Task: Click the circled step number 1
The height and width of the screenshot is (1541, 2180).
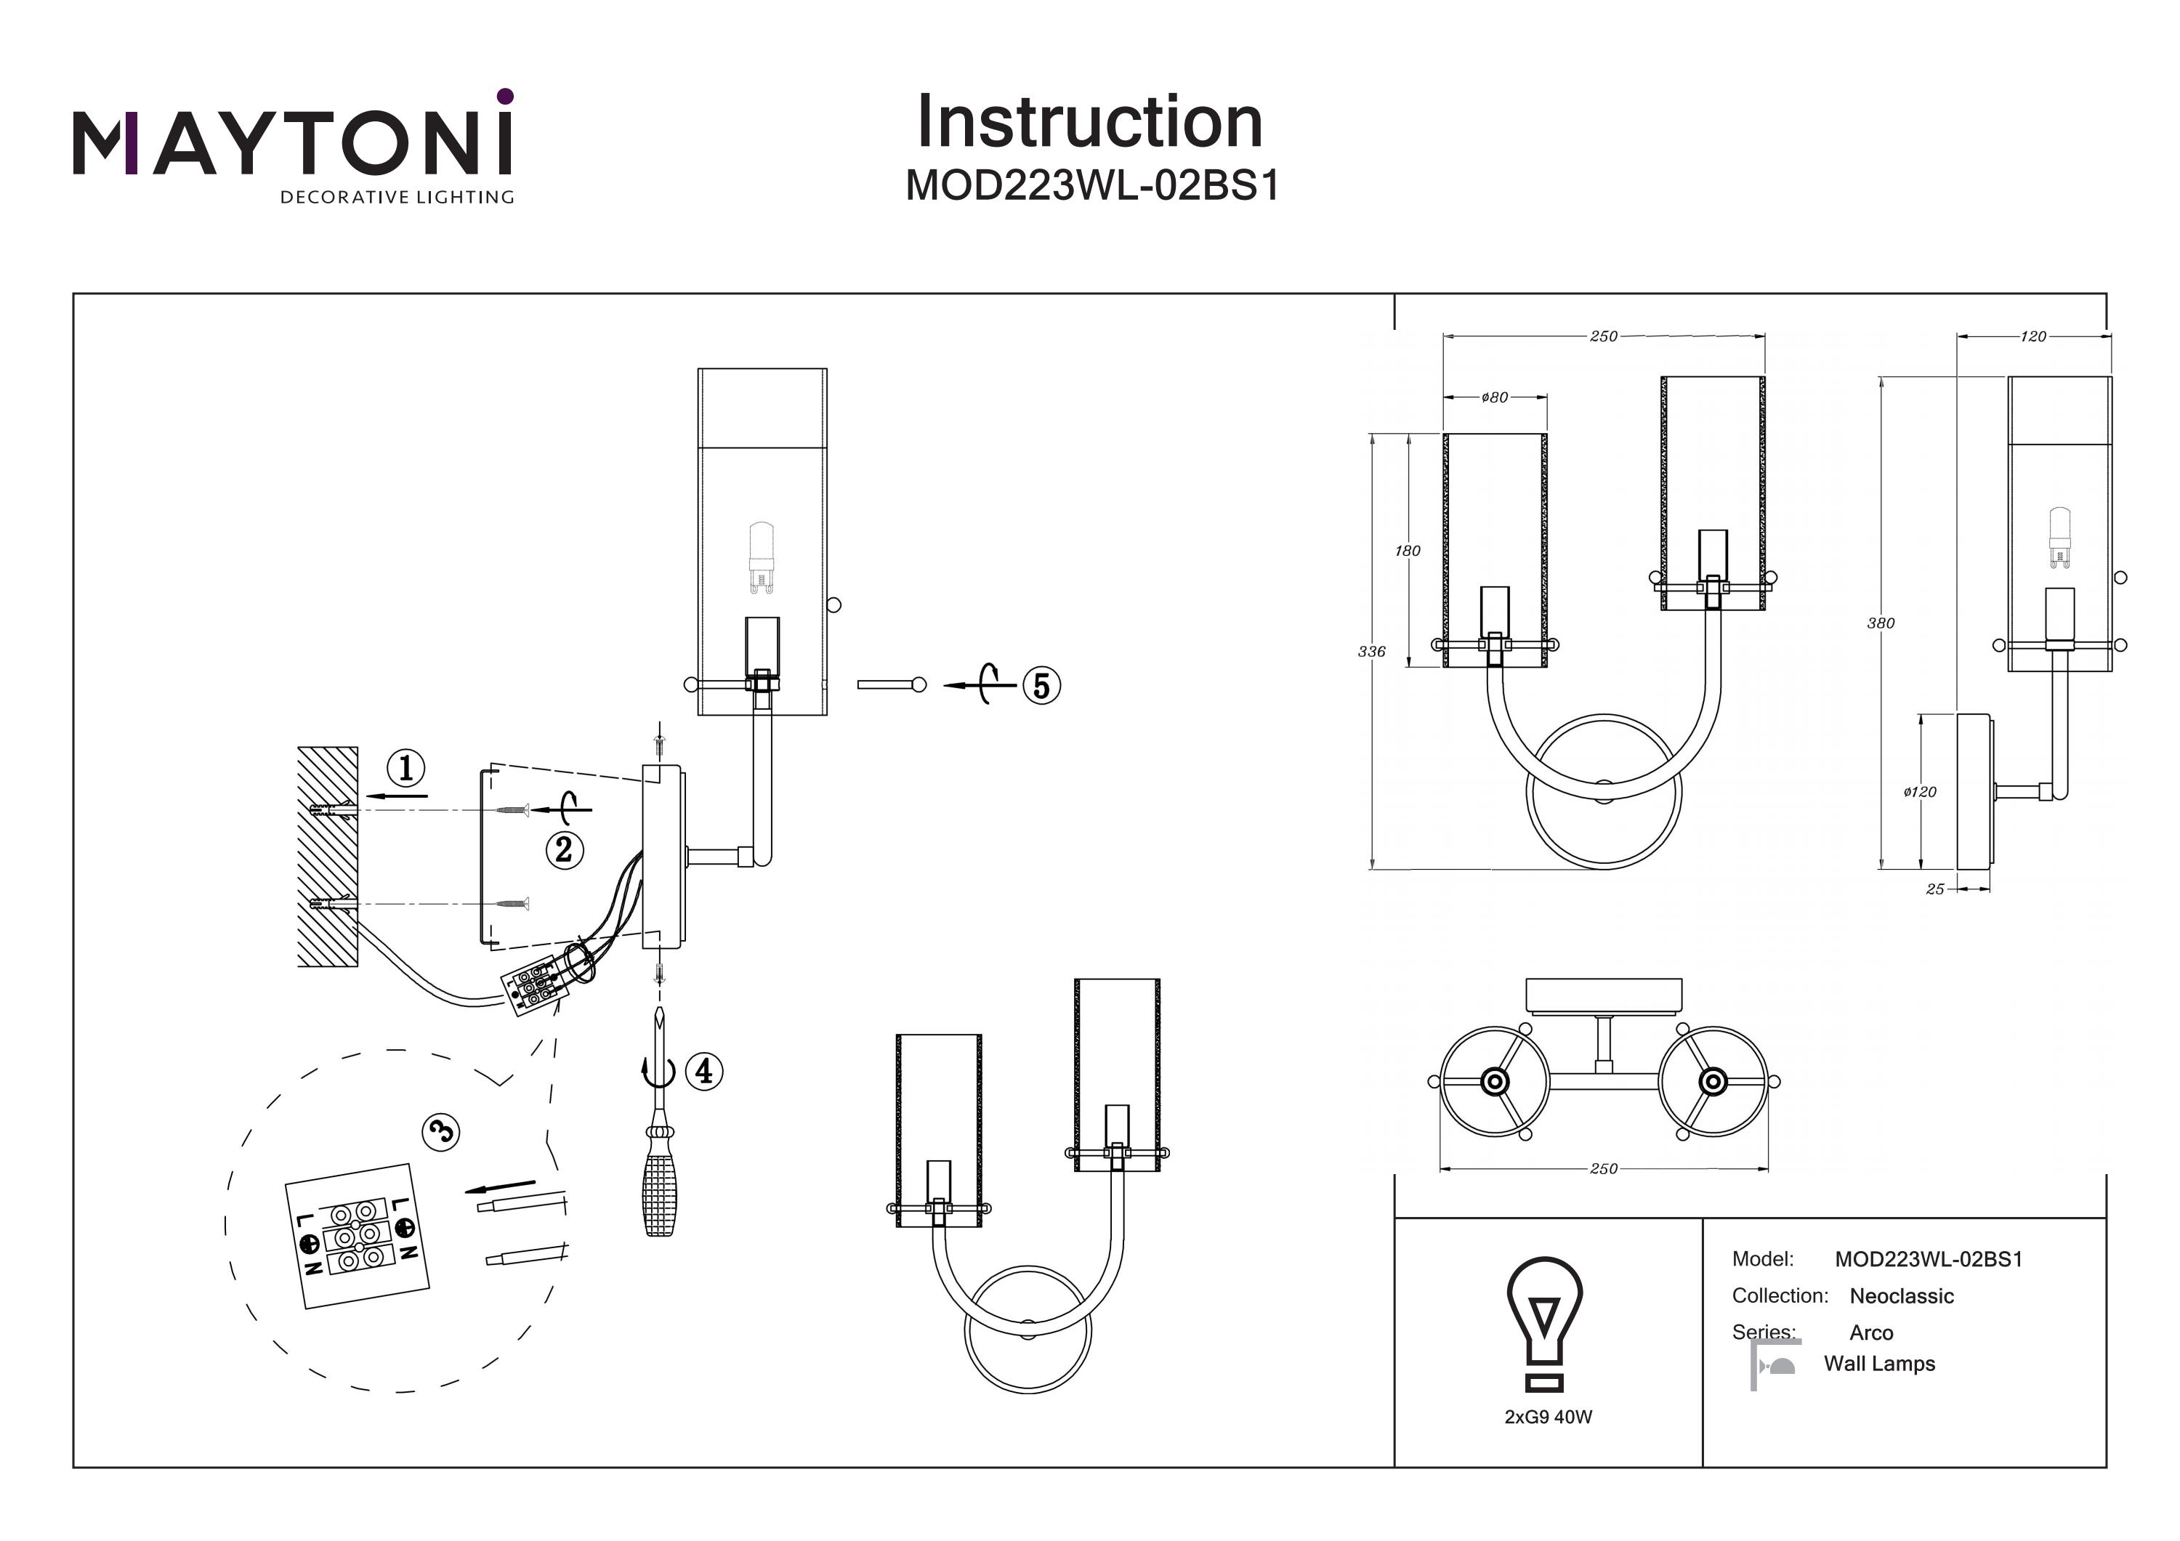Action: pos(406,767)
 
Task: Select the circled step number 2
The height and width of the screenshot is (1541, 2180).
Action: pos(564,849)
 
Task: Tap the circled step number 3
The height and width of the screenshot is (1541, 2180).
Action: pos(440,1132)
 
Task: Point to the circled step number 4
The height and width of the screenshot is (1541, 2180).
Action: pos(703,1071)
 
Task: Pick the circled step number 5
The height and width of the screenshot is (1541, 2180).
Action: pos(1041,686)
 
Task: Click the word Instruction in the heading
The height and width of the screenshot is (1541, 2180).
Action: pos(1089,123)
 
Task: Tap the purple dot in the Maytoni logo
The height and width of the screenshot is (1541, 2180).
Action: pos(505,96)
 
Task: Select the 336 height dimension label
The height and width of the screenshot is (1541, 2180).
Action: pos(1371,651)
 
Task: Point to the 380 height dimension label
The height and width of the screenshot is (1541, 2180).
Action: pos(1880,623)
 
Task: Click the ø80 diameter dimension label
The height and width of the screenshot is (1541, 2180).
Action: pos(1495,398)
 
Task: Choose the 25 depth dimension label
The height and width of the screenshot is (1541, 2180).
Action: pos(1935,890)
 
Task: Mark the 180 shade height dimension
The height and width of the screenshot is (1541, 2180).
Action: pos(1407,551)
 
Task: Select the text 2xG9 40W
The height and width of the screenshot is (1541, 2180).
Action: pos(1548,1417)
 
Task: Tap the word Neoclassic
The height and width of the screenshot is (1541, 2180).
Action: pos(1901,1296)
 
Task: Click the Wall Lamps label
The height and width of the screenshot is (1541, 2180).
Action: pos(1879,1364)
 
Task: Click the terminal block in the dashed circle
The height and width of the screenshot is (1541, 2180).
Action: pos(358,1237)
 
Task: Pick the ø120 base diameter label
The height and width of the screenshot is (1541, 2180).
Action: pos(1919,792)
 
